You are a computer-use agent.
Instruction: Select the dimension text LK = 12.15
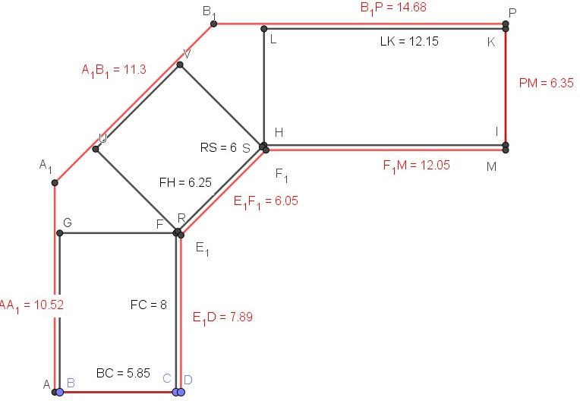(x=409, y=41)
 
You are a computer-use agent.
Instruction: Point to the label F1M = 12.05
(x=418, y=163)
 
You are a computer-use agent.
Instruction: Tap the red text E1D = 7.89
(x=222, y=317)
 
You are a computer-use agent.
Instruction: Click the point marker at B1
(x=213, y=24)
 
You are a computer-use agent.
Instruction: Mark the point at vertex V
(x=180, y=65)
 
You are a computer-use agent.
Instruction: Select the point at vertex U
(x=96, y=149)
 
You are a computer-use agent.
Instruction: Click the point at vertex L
(x=263, y=30)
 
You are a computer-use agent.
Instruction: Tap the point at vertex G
(x=59, y=233)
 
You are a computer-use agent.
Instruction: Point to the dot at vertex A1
(x=55, y=183)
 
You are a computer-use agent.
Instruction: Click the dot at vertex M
(x=506, y=150)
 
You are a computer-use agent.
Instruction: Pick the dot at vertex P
(x=506, y=24)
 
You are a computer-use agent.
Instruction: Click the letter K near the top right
(x=491, y=42)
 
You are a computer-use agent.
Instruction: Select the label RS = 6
(x=219, y=148)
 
